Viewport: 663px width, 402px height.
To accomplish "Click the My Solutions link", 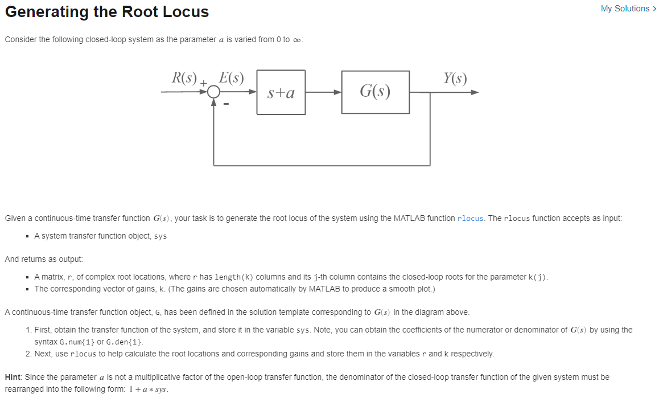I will [624, 9].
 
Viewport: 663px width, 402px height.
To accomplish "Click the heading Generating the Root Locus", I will [107, 11].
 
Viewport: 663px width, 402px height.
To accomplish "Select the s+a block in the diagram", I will [281, 92].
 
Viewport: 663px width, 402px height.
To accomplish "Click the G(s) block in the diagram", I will [375, 92].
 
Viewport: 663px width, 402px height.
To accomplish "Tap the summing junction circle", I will [213, 93].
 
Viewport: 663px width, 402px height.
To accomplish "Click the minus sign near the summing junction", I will [226, 105].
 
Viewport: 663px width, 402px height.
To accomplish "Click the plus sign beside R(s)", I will [203, 84].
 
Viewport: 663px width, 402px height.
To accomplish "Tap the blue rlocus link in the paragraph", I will [470, 218].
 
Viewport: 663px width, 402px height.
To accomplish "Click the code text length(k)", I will [234, 277].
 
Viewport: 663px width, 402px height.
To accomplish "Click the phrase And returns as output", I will [43, 259].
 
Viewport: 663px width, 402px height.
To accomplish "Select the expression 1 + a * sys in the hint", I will [146, 389].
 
